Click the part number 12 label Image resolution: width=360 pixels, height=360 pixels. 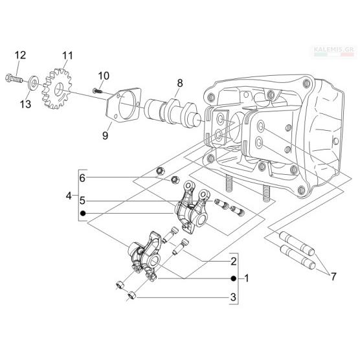pos(21,55)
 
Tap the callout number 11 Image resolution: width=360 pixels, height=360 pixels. pos(67,56)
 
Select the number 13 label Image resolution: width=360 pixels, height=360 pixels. pos(25,104)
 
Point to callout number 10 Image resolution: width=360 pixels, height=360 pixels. pos(104,76)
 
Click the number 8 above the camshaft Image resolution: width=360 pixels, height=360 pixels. pos(180,83)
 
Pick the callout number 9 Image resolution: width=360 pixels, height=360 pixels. pos(105,135)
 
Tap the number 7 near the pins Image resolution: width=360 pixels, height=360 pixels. pos(333,276)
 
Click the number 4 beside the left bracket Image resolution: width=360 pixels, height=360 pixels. pos(69,196)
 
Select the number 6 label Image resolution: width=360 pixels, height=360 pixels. pos(82,178)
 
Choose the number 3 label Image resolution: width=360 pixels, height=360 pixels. pos(233,297)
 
